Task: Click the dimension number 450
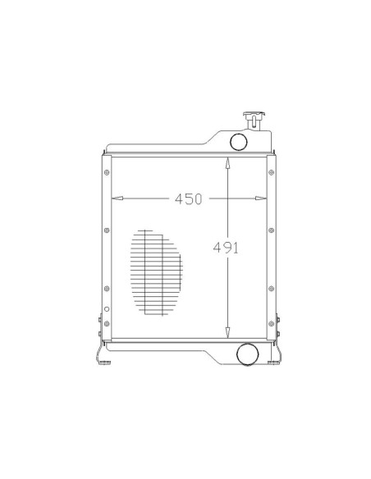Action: (x=188, y=198)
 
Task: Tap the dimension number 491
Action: (x=226, y=248)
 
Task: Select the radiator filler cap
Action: (x=254, y=121)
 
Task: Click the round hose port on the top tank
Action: (x=238, y=141)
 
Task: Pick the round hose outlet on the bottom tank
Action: (x=248, y=354)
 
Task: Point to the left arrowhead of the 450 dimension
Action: (x=117, y=198)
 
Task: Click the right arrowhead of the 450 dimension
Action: (x=261, y=198)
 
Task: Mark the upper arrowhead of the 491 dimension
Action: (x=227, y=163)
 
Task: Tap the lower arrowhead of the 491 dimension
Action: (x=227, y=332)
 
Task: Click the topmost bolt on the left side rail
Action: (x=107, y=172)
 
